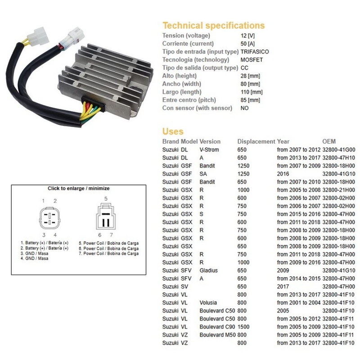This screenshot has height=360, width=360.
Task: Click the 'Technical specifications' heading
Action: [x=213, y=26]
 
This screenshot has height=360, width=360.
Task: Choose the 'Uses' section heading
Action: [x=173, y=132]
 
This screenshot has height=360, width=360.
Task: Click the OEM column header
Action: [x=329, y=141]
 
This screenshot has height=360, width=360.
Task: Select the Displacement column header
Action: [x=256, y=141]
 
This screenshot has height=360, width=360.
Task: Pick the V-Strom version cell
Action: [x=210, y=149]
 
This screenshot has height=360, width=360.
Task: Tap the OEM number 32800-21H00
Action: [x=338, y=190]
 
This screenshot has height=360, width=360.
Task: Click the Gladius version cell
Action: [x=209, y=270]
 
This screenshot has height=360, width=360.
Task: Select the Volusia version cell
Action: [x=209, y=303]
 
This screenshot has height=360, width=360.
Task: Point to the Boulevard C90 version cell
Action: [x=217, y=327]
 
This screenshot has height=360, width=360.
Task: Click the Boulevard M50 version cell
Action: [x=217, y=335]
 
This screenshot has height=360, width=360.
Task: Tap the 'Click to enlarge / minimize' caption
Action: [x=79, y=189]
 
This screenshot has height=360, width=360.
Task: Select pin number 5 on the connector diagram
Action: [x=106, y=198]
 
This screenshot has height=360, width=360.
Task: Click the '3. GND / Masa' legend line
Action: [x=35, y=253]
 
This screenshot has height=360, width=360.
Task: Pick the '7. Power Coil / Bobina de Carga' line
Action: [x=108, y=254]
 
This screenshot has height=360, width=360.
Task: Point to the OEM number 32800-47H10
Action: [x=338, y=157]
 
